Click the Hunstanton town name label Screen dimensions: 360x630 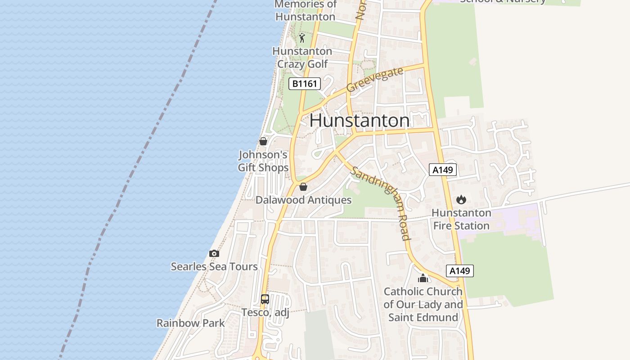click(x=360, y=121)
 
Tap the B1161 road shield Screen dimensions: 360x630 click(x=304, y=83)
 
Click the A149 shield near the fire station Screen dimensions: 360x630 click(x=443, y=170)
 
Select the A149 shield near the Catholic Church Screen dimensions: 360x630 click(x=460, y=271)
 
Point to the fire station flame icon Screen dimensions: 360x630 click(x=461, y=199)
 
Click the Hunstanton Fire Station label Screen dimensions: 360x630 click(x=461, y=219)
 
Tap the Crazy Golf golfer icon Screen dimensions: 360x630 click(x=302, y=38)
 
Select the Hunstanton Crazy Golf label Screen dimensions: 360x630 click(x=302, y=58)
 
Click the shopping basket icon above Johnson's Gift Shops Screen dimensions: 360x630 click(x=263, y=141)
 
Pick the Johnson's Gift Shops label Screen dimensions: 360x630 click(x=263, y=161)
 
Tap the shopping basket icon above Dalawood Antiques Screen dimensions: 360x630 click(x=303, y=187)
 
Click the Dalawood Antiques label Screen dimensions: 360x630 click(x=303, y=200)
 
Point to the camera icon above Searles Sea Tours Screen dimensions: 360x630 click(x=214, y=254)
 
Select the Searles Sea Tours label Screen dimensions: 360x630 click(x=214, y=266)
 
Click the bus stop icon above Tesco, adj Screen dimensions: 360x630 click(x=265, y=299)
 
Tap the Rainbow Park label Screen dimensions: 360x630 click(x=190, y=323)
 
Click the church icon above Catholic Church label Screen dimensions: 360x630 click(x=423, y=278)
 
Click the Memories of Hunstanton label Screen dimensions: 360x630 click(x=306, y=10)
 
